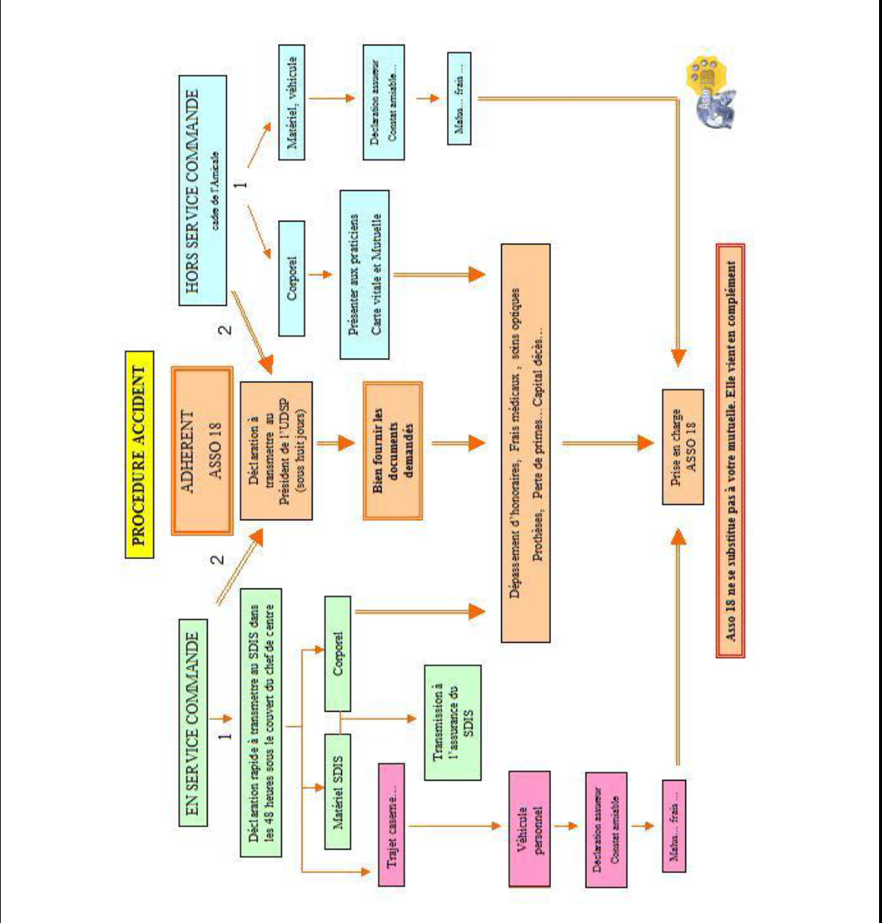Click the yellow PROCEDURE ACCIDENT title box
point(139,454)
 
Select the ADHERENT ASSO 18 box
point(202,450)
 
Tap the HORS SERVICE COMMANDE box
point(203,190)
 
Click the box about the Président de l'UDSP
point(276,450)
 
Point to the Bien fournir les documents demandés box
point(393,450)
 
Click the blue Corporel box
point(292,277)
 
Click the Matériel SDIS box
point(338,791)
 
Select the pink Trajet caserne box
point(391,825)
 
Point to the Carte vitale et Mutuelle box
point(365,275)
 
